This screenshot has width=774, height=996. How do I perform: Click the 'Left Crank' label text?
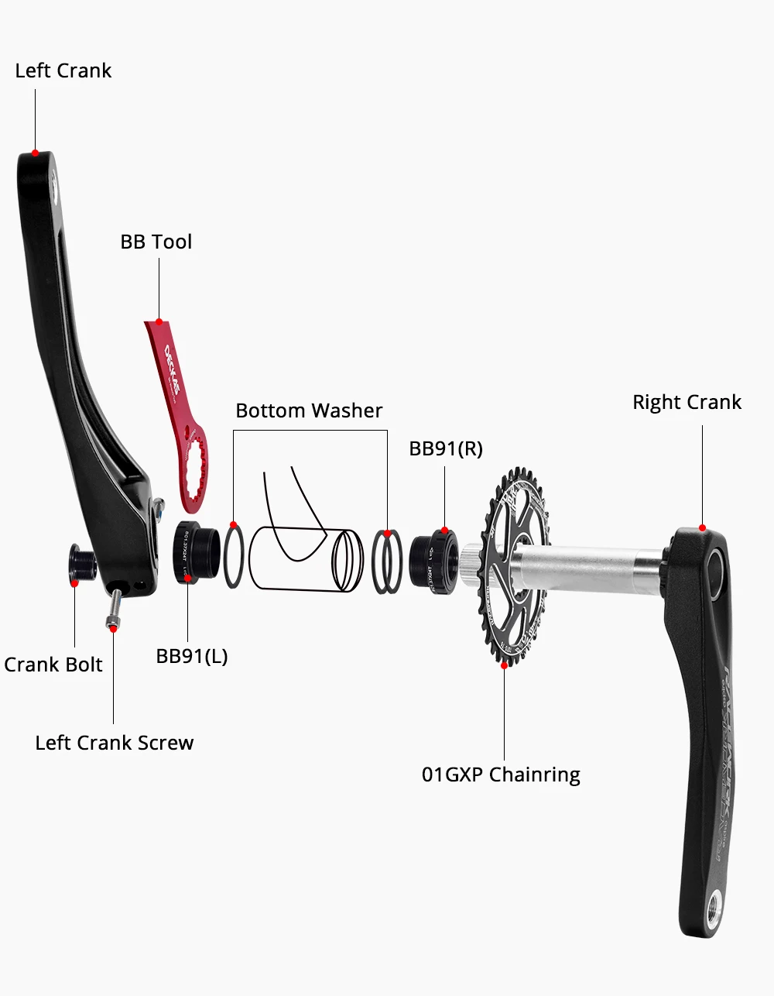pos(63,70)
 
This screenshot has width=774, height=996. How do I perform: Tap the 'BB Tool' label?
pos(156,242)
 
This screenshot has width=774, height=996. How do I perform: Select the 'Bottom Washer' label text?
pos(309,410)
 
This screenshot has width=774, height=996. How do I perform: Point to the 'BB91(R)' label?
pos(446,448)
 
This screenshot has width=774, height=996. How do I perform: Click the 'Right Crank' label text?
pos(687,402)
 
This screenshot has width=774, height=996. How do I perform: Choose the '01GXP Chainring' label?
pos(501,774)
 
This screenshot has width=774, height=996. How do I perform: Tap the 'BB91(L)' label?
pos(192,656)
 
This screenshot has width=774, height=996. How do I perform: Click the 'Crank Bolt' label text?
pos(53,665)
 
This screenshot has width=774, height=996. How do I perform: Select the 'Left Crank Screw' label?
pos(115,743)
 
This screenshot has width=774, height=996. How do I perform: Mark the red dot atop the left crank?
pos(35,153)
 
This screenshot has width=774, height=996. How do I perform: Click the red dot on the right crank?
pos(702,528)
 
